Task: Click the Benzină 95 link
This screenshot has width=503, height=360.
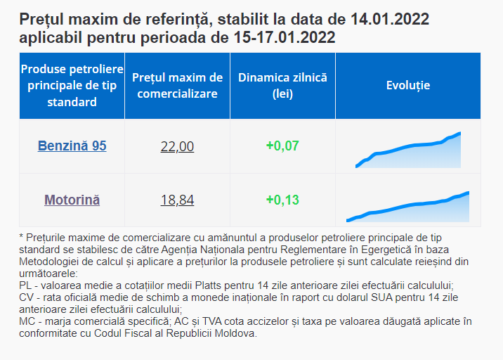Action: (x=72, y=146)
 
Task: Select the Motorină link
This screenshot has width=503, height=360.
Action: (x=72, y=200)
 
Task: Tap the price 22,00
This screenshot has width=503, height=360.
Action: (x=177, y=146)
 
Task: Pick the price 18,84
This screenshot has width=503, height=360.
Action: (x=177, y=200)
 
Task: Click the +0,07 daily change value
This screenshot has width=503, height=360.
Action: (x=282, y=146)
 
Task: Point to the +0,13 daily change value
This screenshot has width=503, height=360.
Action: (x=282, y=200)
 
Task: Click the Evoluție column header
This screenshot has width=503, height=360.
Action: (x=408, y=85)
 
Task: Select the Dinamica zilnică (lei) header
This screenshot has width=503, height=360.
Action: (x=282, y=85)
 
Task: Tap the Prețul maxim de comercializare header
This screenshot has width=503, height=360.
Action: (x=177, y=85)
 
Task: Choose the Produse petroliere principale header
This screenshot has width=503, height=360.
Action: (x=72, y=85)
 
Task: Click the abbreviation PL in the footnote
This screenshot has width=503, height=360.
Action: (x=26, y=285)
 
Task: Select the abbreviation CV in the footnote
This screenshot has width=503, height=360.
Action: (x=27, y=297)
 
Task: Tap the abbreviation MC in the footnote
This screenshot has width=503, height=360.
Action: (x=27, y=321)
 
